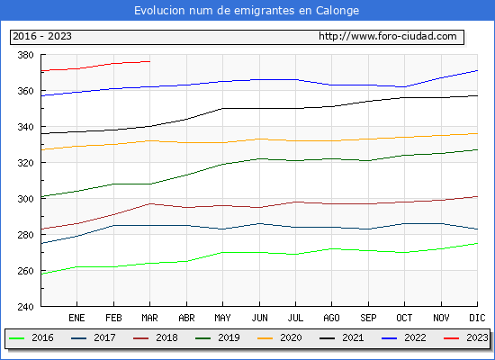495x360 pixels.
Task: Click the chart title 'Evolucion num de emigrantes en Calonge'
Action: [x=247, y=11]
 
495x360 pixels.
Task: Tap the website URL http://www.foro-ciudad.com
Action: [x=388, y=36]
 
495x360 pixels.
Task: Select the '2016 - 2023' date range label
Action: [x=42, y=36]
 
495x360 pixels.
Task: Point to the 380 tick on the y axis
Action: [x=25, y=55]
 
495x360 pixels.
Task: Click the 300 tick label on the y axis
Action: [x=25, y=199]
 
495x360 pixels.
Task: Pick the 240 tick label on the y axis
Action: [x=25, y=307]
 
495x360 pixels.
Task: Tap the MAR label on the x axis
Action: [x=150, y=318]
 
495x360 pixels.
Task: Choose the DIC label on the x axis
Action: [x=477, y=318]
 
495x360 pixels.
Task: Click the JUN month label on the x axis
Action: [x=259, y=318]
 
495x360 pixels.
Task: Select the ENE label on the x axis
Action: [x=76, y=318]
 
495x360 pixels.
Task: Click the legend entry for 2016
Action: [x=31, y=337]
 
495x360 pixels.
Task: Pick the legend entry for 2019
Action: [x=218, y=337]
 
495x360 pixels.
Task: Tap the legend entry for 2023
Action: [x=466, y=337]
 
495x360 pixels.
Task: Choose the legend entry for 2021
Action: [x=342, y=337]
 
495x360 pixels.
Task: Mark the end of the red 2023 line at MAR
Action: [x=150, y=61]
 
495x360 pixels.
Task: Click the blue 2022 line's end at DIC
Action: [x=477, y=71]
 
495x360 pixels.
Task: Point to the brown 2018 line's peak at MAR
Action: [x=150, y=204]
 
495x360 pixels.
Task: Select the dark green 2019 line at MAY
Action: [x=222, y=164]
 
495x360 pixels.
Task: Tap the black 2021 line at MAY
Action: [x=222, y=109]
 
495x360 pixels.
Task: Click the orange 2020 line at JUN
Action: [x=259, y=139]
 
